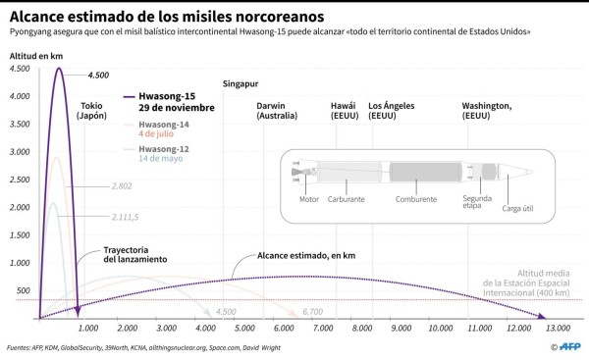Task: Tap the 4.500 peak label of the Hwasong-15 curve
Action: tap(98, 76)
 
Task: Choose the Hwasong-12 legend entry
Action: tap(163, 153)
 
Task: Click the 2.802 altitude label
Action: tap(123, 185)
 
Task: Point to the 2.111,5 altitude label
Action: tap(126, 218)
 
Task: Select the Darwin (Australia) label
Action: tap(277, 111)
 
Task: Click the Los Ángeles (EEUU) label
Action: tap(390, 111)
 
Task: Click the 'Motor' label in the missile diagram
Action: tap(310, 199)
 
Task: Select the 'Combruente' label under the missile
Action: tap(415, 199)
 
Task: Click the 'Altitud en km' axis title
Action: tap(35, 56)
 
